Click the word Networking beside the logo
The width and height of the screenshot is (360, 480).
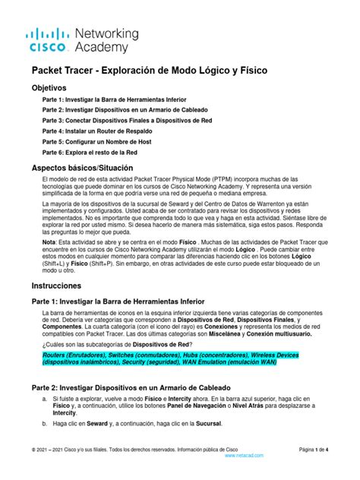click(107, 33)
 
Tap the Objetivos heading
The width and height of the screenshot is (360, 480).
click(53, 88)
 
